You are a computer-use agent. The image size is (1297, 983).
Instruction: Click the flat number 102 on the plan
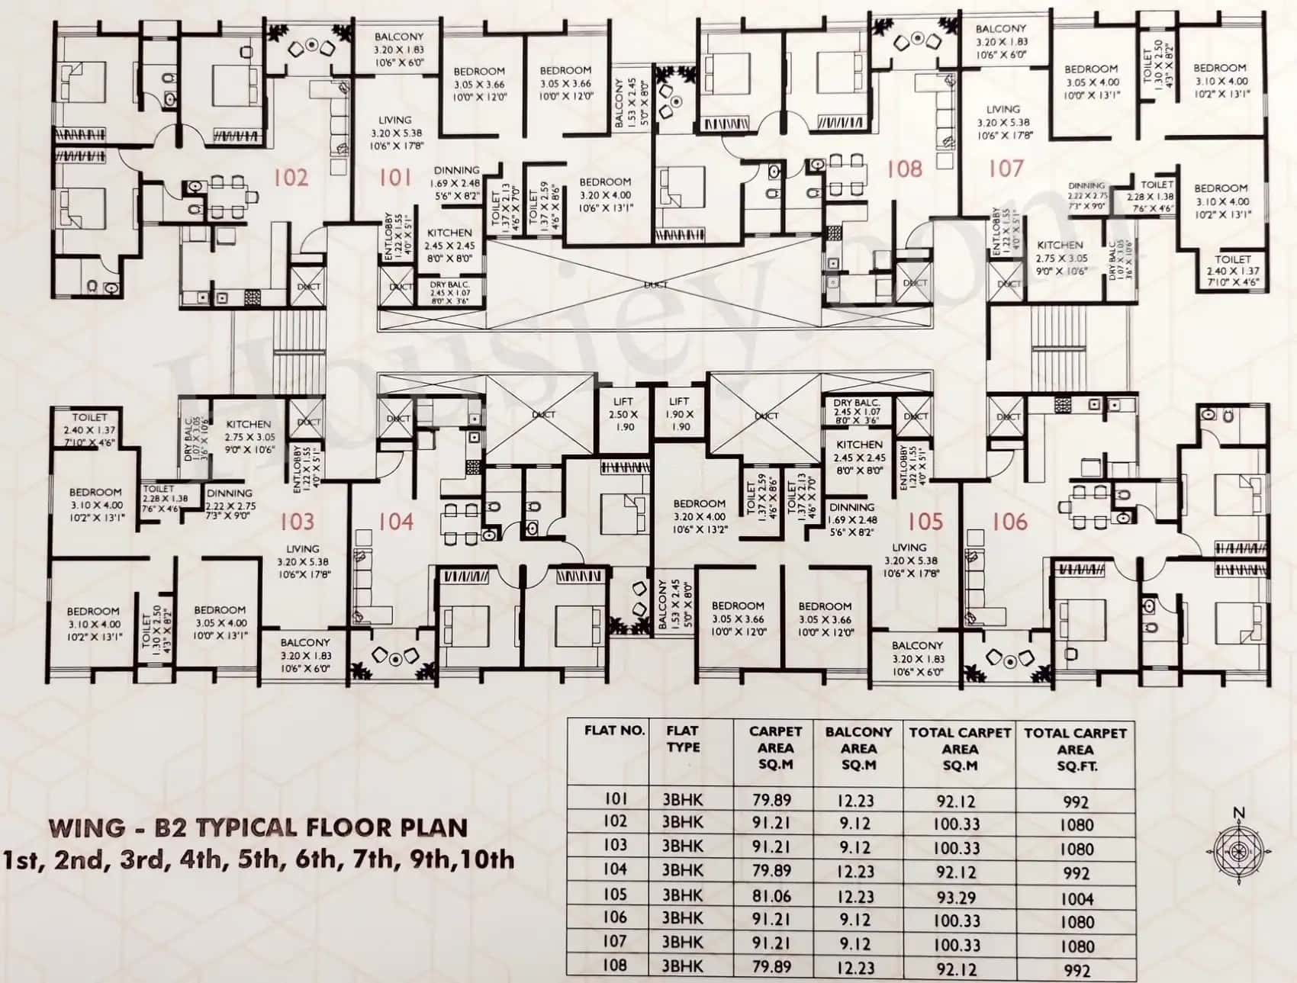(x=291, y=178)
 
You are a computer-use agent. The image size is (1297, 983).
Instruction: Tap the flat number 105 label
(x=925, y=522)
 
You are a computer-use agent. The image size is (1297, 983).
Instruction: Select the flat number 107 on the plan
(x=1006, y=168)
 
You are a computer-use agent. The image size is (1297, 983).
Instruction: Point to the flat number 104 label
(x=396, y=522)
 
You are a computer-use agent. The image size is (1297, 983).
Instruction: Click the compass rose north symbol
(x=1239, y=846)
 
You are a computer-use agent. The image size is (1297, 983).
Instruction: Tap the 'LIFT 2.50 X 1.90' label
(x=623, y=414)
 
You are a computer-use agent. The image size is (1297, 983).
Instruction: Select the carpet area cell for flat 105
(x=772, y=896)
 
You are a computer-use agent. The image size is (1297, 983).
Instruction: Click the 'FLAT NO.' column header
(x=614, y=731)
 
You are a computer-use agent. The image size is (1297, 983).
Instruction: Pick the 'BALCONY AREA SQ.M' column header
(x=858, y=747)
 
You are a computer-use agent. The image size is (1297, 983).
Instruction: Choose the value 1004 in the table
(x=1077, y=899)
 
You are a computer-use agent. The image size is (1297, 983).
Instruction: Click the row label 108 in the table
(x=614, y=965)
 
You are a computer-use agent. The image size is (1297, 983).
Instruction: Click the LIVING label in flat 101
(x=394, y=120)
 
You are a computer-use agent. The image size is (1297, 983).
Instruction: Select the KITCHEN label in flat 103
(x=249, y=424)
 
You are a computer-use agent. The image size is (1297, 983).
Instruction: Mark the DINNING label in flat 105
(x=851, y=507)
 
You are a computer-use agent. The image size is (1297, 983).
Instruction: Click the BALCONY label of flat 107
(x=1001, y=29)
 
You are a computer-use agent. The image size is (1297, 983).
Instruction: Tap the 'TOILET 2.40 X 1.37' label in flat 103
(x=90, y=418)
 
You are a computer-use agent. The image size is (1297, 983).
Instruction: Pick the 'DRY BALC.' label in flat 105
(x=857, y=403)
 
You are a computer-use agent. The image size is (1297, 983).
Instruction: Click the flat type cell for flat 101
(x=682, y=800)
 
